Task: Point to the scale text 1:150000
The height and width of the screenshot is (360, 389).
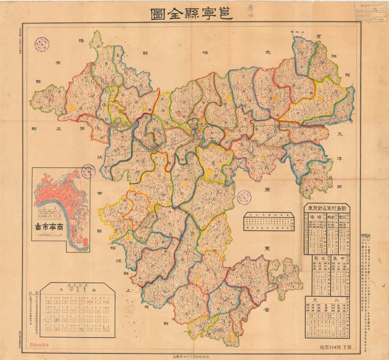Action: point(191,356)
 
